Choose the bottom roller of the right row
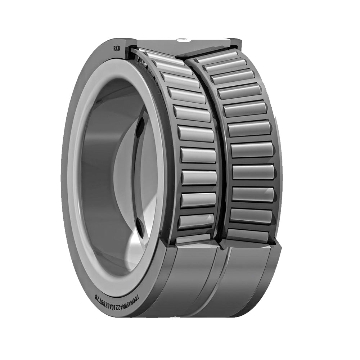pyautogui.click(x=248, y=236)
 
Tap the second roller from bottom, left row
pyautogui.click(x=197, y=221)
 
